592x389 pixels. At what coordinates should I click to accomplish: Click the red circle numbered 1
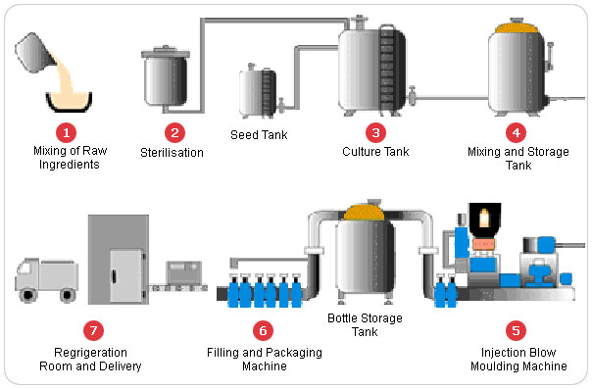[x=67, y=133]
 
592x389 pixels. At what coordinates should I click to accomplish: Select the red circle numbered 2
[x=174, y=133]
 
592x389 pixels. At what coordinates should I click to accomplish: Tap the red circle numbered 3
[x=375, y=133]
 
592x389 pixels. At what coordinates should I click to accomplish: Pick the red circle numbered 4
[x=517, y=133]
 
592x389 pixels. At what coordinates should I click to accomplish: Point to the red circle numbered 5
[x=516, y=330]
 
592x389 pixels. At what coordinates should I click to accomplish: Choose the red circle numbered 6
[x=263, y=330]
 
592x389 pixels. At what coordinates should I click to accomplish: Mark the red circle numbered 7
[x=93, y=330]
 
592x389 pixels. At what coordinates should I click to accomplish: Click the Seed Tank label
[x=259, y=134]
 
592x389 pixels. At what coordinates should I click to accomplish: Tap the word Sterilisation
[x=172, y=153]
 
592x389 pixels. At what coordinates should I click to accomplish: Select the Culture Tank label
[x=375, y=152]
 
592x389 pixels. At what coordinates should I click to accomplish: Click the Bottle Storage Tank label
[x=365, y=325]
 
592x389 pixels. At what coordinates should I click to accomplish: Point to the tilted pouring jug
[x=35, y=53]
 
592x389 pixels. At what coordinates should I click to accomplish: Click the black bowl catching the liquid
[x=69, y=103]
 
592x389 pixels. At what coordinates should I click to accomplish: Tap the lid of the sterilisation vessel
[x=166, y=52]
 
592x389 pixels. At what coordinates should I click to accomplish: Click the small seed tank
[x=258, y=92]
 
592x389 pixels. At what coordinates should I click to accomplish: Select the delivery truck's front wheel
[x=27, y=295]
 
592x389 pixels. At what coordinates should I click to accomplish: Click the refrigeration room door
[x=126, y=275]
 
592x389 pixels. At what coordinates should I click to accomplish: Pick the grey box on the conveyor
[x=184, y=272]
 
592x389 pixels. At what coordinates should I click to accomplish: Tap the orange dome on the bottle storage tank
[x=364, y=213]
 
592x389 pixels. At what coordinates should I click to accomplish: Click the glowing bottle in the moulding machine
[x=484, y=219]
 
